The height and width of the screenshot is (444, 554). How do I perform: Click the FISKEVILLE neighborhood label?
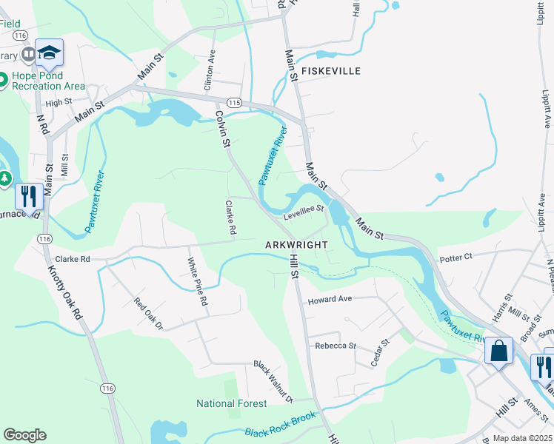coord(329,71)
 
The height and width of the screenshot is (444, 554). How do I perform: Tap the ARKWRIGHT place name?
coord(296,244)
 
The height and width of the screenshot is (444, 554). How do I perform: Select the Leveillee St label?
coord(304,212)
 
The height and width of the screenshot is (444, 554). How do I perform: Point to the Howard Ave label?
coord(330,300)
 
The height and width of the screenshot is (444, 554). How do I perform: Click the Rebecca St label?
coord(336,346)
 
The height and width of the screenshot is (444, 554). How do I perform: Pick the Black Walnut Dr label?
coord(273,382)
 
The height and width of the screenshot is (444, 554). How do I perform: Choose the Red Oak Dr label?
coord(147,313)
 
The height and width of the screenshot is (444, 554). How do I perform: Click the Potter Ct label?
coord(455,257)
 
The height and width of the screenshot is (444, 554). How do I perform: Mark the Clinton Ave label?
coord(210,70)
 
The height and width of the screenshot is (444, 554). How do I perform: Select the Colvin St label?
coord(221,129)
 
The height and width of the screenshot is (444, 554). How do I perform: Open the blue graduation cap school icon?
coord(49,53)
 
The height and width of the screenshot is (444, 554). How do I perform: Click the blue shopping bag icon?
coord(499,351)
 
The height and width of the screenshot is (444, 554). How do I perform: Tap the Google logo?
coord(24,435)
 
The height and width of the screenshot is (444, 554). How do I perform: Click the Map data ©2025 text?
coord(522,439)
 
